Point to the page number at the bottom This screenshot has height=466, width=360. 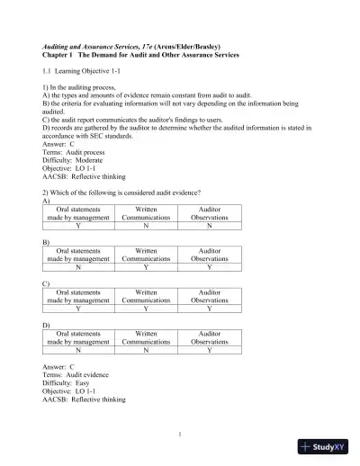click(180, 435)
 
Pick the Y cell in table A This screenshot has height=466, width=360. click(76, 225)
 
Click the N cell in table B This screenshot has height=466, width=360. click(76, 266)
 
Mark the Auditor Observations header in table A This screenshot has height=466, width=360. click(209, 212)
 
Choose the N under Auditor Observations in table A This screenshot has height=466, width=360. click(209, 225)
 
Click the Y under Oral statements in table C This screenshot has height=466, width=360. click(76, 309)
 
